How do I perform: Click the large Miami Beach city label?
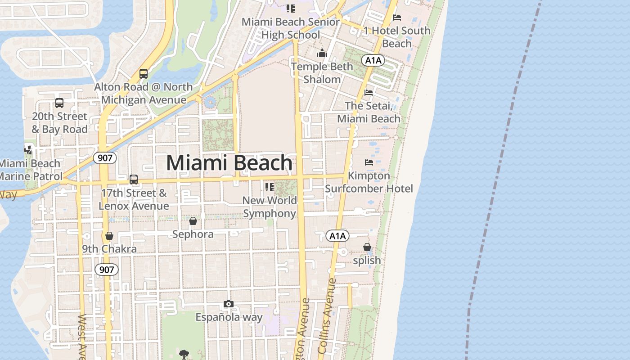(229, 163)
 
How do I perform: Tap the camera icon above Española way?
(229, 304)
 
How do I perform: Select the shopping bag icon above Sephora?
(193, 221)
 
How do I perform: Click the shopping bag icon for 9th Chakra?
(109, 236)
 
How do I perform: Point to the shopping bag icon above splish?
(367, 247)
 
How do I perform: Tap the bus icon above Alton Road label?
(144, 74)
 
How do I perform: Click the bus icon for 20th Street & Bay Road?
(59, 103)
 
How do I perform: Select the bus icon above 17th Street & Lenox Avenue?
(134, 180)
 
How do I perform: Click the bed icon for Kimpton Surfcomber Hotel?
(369, 162)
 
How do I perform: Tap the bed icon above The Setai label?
(369, 93)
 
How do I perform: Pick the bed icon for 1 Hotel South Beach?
(397, 18)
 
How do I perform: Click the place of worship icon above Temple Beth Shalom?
(322, 54)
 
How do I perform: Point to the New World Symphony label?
(270, 207)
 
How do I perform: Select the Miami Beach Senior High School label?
(291, 28)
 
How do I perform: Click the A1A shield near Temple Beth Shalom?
(373, 60)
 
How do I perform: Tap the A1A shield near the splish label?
(337, 236)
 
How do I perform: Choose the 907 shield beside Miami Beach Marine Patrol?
(105, 158)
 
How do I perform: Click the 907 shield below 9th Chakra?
(107, 270)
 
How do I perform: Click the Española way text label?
(229, 317)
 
